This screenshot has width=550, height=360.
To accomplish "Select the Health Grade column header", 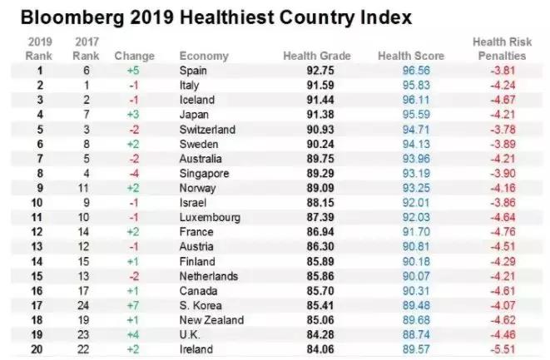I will [317, 56].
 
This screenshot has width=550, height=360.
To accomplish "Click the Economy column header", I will [203, 56].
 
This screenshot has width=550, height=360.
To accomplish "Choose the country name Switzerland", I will [207, 130].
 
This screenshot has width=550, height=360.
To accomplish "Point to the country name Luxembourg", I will [209, 218].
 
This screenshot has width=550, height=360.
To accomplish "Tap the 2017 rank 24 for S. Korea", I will [82, 306].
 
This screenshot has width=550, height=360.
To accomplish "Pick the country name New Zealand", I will [211, 320].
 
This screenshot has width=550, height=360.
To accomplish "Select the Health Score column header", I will [411, 56].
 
